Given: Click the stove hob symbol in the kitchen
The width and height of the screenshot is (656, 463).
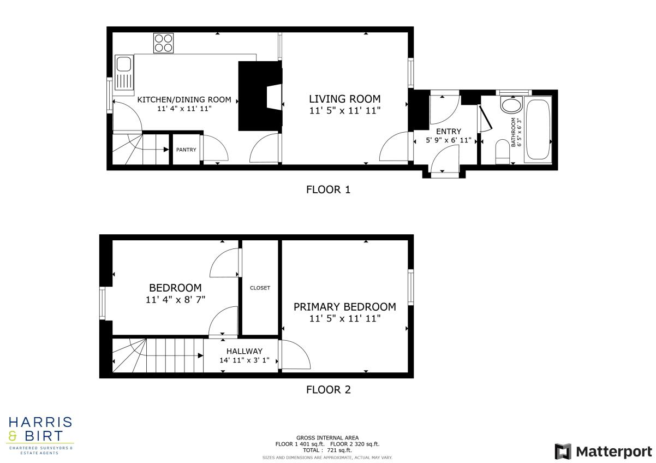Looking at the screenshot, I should pyautogui.click(x=164, y=43).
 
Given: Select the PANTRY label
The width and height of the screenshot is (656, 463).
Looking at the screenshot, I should pyautogui.click(x=186, y=150).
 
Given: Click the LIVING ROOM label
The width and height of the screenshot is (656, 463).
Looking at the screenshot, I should pyautogui.click(x=344, y=99).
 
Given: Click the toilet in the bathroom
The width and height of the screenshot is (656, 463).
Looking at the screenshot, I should pyautogui.click(x=502, y=152).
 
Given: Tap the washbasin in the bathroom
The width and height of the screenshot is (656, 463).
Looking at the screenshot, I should pyautogui.click(x=511, y=105).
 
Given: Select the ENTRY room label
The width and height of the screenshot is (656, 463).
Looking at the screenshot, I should pyautogui.click(x=449, y=132).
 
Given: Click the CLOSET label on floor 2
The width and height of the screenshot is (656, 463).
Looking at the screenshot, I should pyautogui.click(x=260, y=288).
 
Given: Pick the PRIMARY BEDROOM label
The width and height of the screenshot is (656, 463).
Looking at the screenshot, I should pyautogui.click(x=344, y=307).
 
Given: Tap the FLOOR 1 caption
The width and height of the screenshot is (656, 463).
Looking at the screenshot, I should pyautogui.click(x=328, y=190).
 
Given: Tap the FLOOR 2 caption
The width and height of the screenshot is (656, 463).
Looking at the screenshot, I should pyautogui.click(x=328, y=389).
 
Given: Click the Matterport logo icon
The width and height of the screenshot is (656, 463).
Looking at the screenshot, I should pyautogui.click(x=563, y=452).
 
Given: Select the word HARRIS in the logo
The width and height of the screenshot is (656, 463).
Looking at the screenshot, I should pyautogui.click(x=39, y=422).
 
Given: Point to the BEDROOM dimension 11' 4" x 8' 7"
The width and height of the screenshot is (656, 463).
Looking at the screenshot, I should pyautogui.click(x=175, y=300).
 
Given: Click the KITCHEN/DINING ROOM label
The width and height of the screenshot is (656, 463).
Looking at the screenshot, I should pyautogui.click(x=184, y=100).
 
